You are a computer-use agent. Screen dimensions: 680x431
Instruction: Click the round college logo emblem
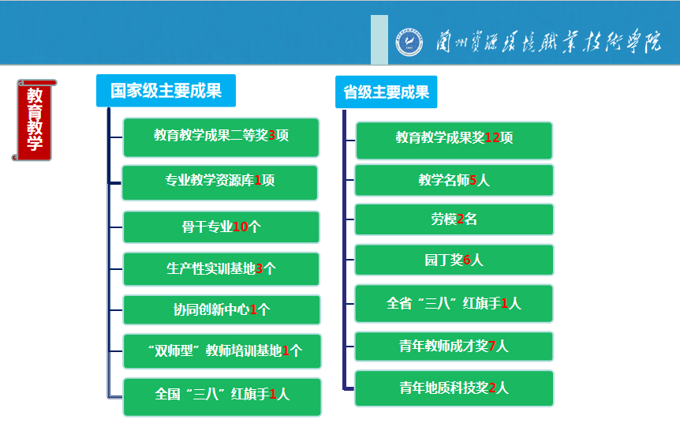coord(409,42)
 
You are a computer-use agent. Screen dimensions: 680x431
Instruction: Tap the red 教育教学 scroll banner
coord(34,120)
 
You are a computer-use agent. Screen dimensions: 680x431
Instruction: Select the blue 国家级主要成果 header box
coord(166,90)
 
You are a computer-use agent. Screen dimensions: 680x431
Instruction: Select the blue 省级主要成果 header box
coord(386,92)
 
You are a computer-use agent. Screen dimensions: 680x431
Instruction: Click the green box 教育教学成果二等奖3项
coord(221,137)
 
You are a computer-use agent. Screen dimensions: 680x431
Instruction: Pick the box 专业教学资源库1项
coord(220,182)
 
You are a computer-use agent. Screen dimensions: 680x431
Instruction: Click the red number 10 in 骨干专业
coord(241,227)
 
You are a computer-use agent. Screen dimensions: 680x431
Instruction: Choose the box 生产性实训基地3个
coord(221,269)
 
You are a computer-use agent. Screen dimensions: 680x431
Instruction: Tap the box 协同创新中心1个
coord(222,310)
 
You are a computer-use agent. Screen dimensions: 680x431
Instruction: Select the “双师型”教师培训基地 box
coord(222,351)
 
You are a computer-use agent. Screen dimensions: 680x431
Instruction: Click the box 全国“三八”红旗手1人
coord(222,397)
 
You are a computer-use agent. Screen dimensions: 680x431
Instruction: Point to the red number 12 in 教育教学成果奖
coord(492,137)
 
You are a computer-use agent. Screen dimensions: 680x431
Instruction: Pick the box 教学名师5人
coord(454,180)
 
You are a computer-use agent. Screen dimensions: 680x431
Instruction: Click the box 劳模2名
coord(454,219)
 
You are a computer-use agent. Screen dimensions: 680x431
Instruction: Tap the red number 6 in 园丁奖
coord(467,260)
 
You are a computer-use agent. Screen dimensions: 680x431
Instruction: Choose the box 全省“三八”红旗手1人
coord(454,303)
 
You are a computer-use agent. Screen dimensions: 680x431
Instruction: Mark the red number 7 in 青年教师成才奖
coord(491,346)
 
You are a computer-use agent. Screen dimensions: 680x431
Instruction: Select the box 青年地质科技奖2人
coord(454,388)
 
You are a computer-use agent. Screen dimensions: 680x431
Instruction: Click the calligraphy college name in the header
coord(548,42)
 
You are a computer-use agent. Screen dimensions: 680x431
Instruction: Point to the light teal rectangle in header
coord(379,39)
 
